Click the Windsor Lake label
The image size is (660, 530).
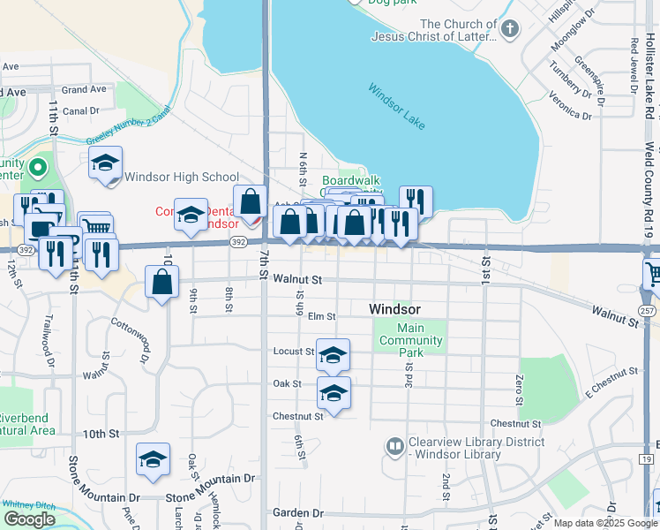point(397,106)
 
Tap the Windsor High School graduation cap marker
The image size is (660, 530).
point(106,163)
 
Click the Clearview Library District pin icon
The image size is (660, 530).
point(394,447)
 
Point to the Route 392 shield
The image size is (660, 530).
point(237,240)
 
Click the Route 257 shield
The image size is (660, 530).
point(648,311)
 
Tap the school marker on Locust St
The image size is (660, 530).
point(333,355)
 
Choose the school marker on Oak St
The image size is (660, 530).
point(334,392)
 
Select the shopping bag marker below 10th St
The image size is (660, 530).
point(161,283)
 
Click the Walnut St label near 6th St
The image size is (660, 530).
point(297,279)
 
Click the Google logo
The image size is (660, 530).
point(29,519)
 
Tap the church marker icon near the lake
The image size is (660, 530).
point(509,29)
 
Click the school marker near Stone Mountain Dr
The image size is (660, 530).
point(153,459)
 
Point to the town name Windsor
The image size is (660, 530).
point(394,309)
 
